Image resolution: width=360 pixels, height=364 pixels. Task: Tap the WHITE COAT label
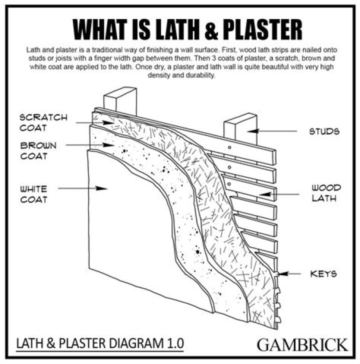[x=34, y=194]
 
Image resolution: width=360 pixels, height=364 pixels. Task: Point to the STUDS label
[x=324, y=132]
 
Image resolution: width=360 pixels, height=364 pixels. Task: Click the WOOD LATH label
[x=326, y=193]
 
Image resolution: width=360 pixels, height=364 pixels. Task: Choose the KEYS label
[x=323, y=273]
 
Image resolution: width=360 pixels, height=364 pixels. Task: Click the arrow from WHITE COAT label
[x=83, y=189]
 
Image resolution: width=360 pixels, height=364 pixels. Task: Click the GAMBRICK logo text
[x=302, y=344]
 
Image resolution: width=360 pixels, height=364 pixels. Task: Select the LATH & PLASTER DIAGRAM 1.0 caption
[x=100, y=343]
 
